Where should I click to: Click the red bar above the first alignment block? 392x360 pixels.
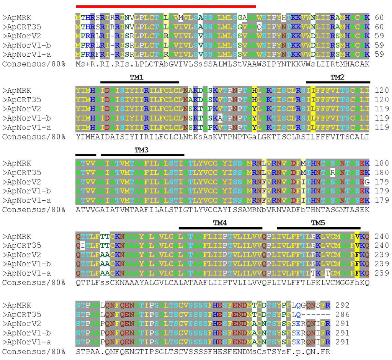click(166, 6)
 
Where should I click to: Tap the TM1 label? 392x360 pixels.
click(137, 77)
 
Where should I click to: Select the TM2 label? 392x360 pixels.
click(337, 77)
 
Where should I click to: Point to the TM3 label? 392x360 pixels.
click(141, 150)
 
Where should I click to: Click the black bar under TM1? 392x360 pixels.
click(140, 82)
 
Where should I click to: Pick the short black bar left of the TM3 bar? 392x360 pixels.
click(86, 155)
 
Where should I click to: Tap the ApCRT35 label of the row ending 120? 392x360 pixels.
click(21, 100)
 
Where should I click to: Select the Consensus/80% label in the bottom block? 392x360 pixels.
click(34, 352)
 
